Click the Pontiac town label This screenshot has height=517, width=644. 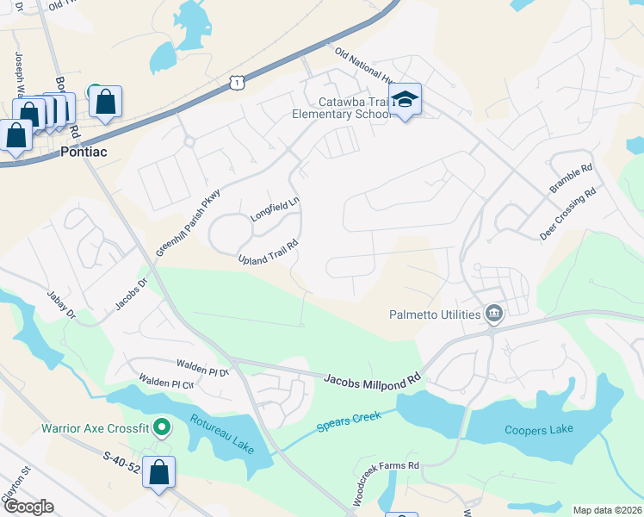point(84,151)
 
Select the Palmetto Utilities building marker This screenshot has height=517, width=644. point(494,314)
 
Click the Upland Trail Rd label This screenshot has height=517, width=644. point(269,252)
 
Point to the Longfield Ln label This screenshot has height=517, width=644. point(275,210)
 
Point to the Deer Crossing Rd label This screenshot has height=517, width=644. point(567,214)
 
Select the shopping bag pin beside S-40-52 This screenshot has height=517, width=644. point(159,471)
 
